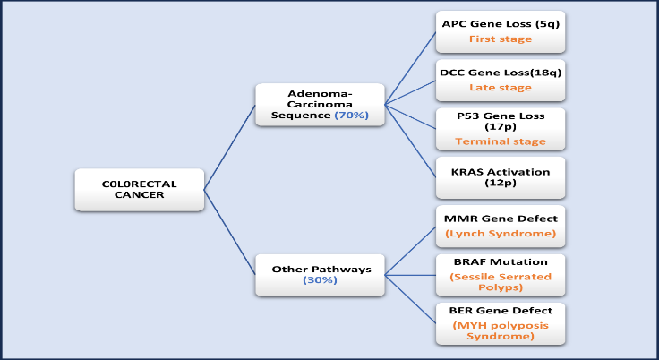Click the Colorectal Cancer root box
139,189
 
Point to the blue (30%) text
319,281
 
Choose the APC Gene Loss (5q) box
501,31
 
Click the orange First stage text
501,39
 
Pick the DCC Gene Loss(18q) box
501,79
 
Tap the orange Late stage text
501,88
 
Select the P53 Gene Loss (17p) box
501,127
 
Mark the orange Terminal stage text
501,141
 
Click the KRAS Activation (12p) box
501,176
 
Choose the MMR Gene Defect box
501,225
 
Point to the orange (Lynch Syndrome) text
501,234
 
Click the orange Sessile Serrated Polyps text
501,282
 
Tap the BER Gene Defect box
501,323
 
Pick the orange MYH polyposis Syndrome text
501,330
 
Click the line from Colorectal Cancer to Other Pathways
230,233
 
